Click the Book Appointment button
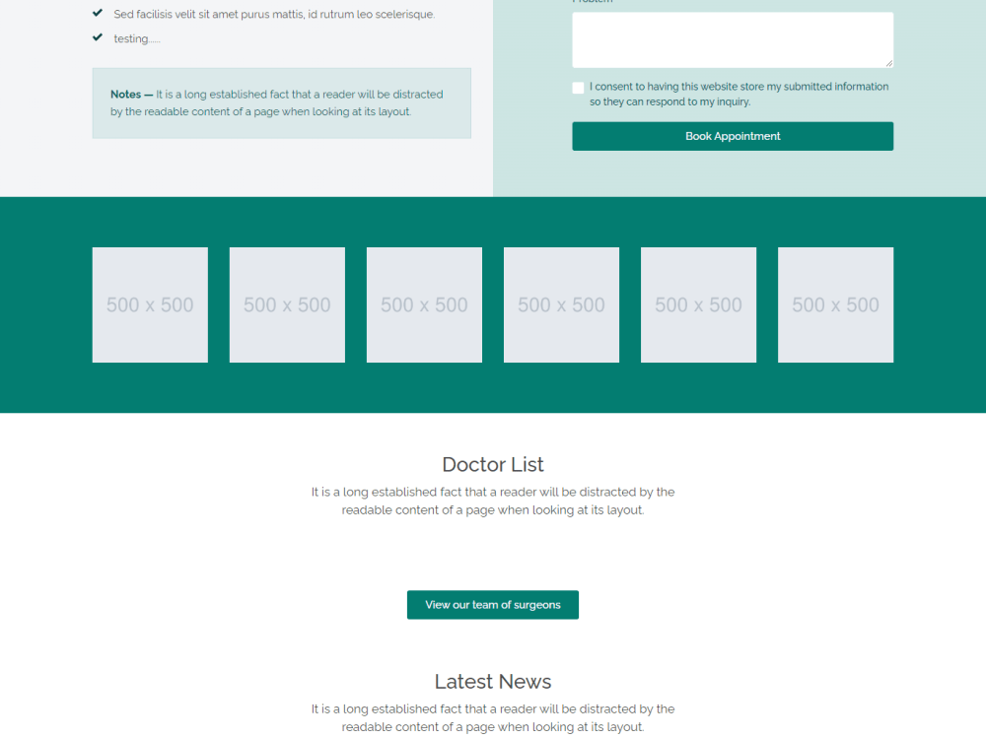click(x=733, y=136)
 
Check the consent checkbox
click(x=578, y=88)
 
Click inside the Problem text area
click(x=733, y=39)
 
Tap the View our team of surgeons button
click(x=492, y=605)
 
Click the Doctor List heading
click(x=492, y=465)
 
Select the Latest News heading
click(x=492, y=682)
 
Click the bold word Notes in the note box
click(x=125, y=95)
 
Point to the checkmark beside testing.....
click(x=98, y=37)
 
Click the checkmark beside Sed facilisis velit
click(x=98, y=14)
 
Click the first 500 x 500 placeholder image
click(x=150, y=304)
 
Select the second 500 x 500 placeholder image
click(x=287, y=304)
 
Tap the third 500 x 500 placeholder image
click(x=424, y=304)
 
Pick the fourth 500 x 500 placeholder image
click(x=561, y=304)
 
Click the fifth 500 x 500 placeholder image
click(x=698, y=304)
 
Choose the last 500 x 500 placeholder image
click(x=835, y=304)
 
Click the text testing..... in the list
click(x=136, y=38)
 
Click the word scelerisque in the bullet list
click(x=404, y=15)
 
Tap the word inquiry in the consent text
click(x=731, y=102)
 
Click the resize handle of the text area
click(x=889, y=64)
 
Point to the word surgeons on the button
click(x=537, y=605)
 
